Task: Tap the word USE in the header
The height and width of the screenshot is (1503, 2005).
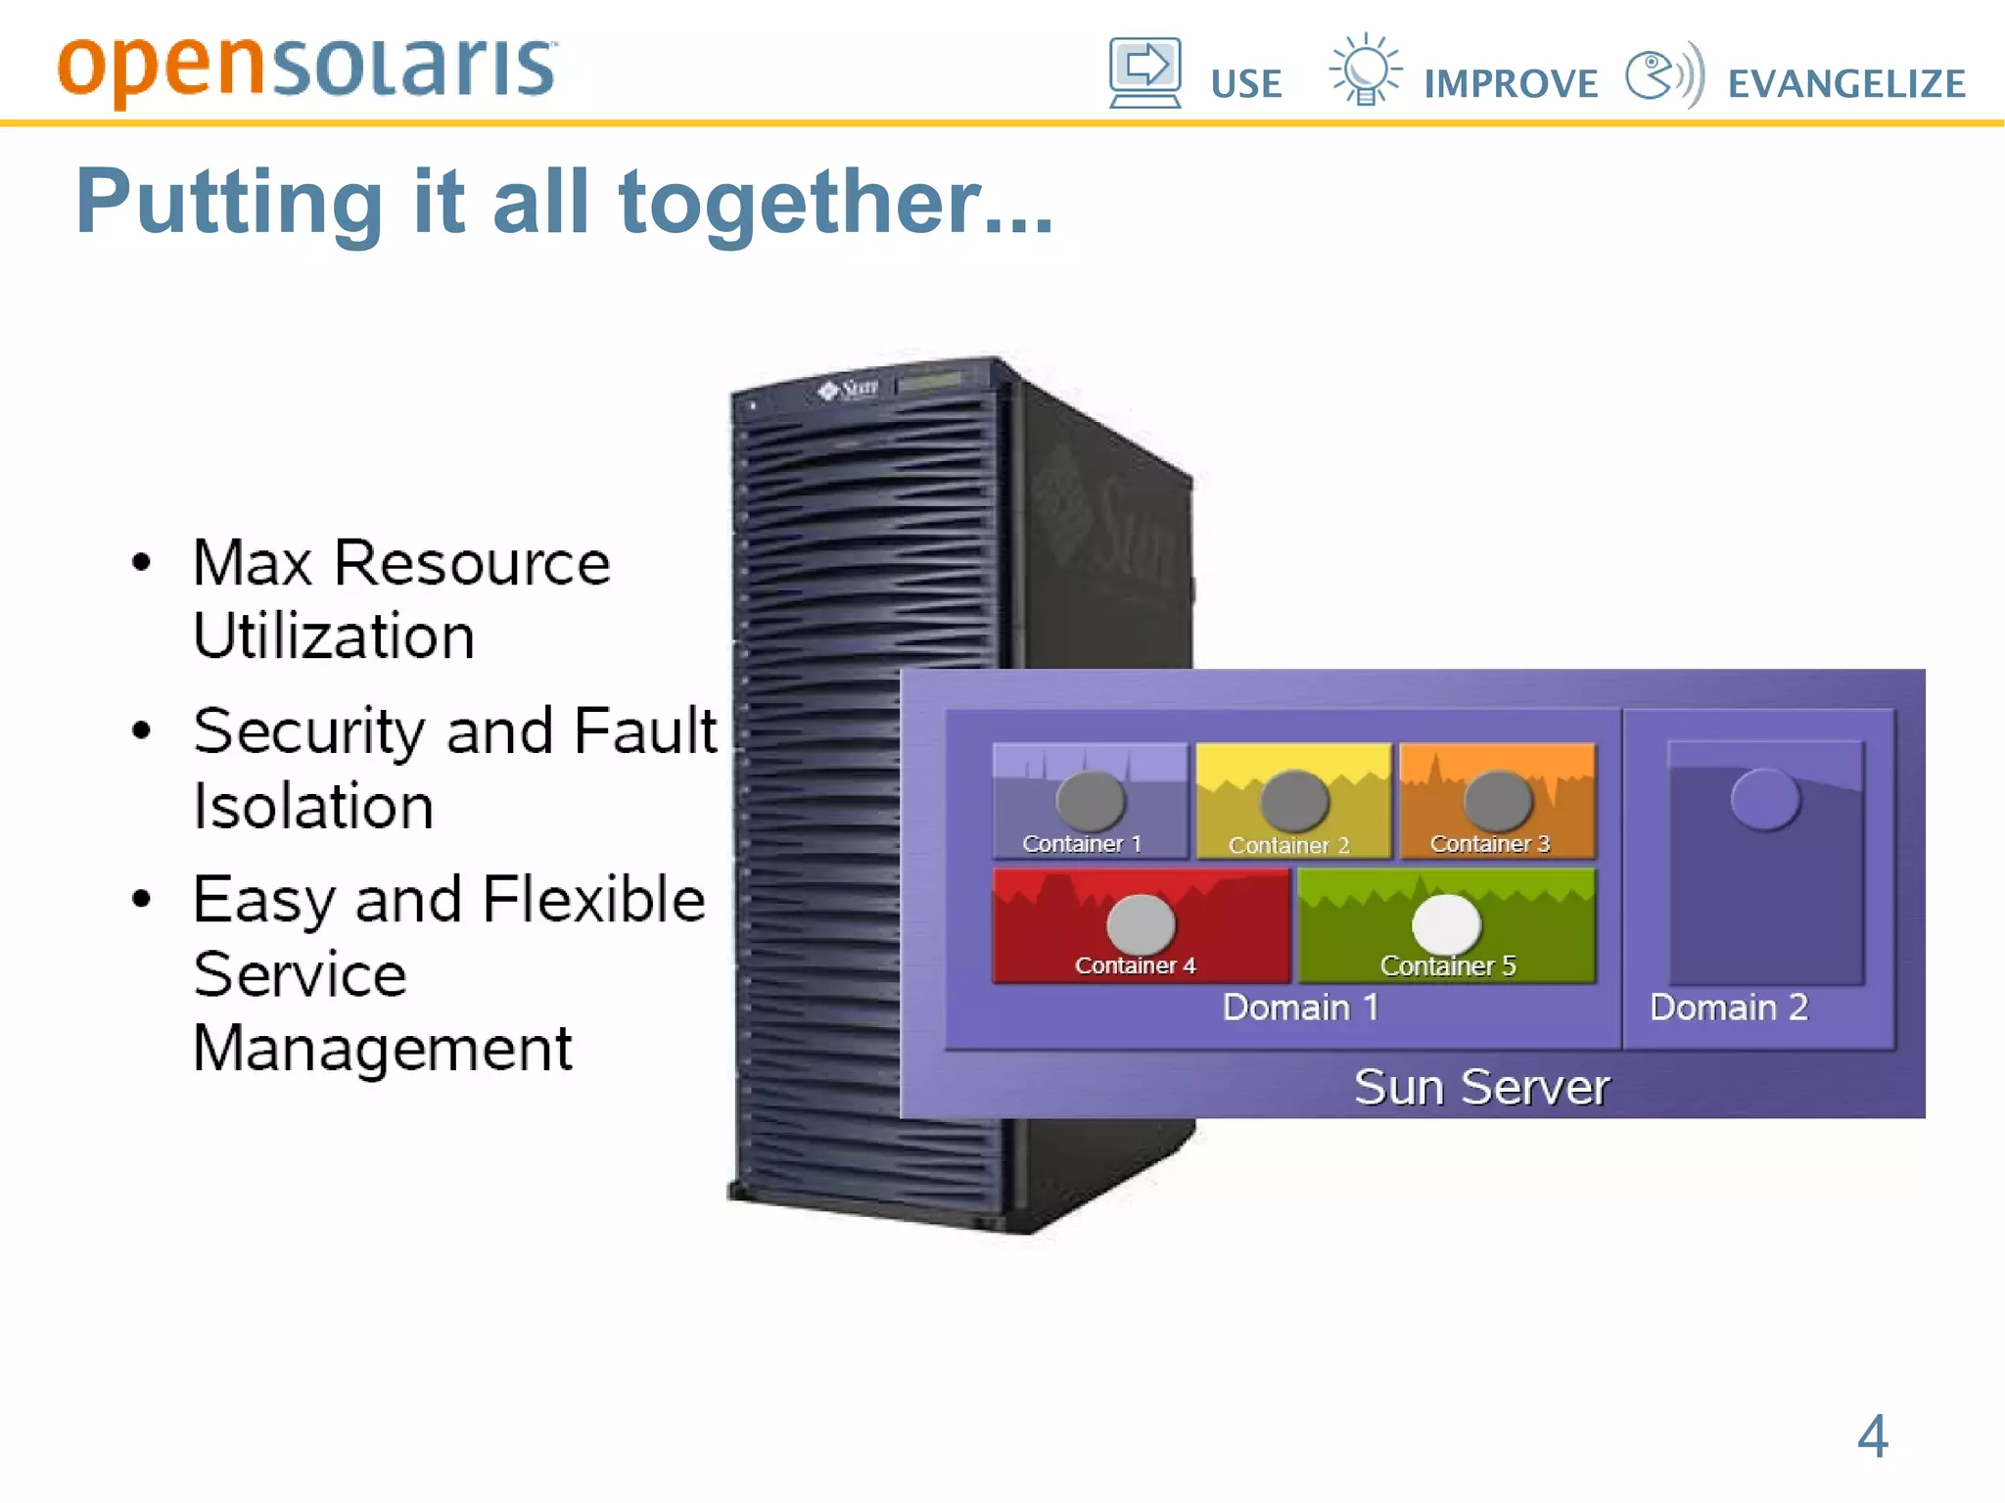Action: pos(1245,84)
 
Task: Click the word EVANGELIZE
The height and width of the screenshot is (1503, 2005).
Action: pos(1846,84)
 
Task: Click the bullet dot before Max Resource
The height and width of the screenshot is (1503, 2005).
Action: pos(142,563)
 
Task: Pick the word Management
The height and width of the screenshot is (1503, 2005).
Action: pos(382,1048)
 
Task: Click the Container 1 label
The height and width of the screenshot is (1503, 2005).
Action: pos(1082,844)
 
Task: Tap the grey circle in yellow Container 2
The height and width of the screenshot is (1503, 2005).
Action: pos(1293,800)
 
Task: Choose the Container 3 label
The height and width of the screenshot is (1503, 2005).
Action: pos(1489,844)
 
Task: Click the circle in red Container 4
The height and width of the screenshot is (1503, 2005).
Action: pos(1141,923)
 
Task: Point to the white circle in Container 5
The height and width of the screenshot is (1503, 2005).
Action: pos(1446,923)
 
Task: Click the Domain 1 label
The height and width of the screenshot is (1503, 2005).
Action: pos(1300,1008)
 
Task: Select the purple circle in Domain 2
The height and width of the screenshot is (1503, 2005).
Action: pos(1765,799)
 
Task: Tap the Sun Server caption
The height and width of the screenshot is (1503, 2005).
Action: pos(1481,1087)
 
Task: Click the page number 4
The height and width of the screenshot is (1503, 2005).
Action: pos(1872,1435)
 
